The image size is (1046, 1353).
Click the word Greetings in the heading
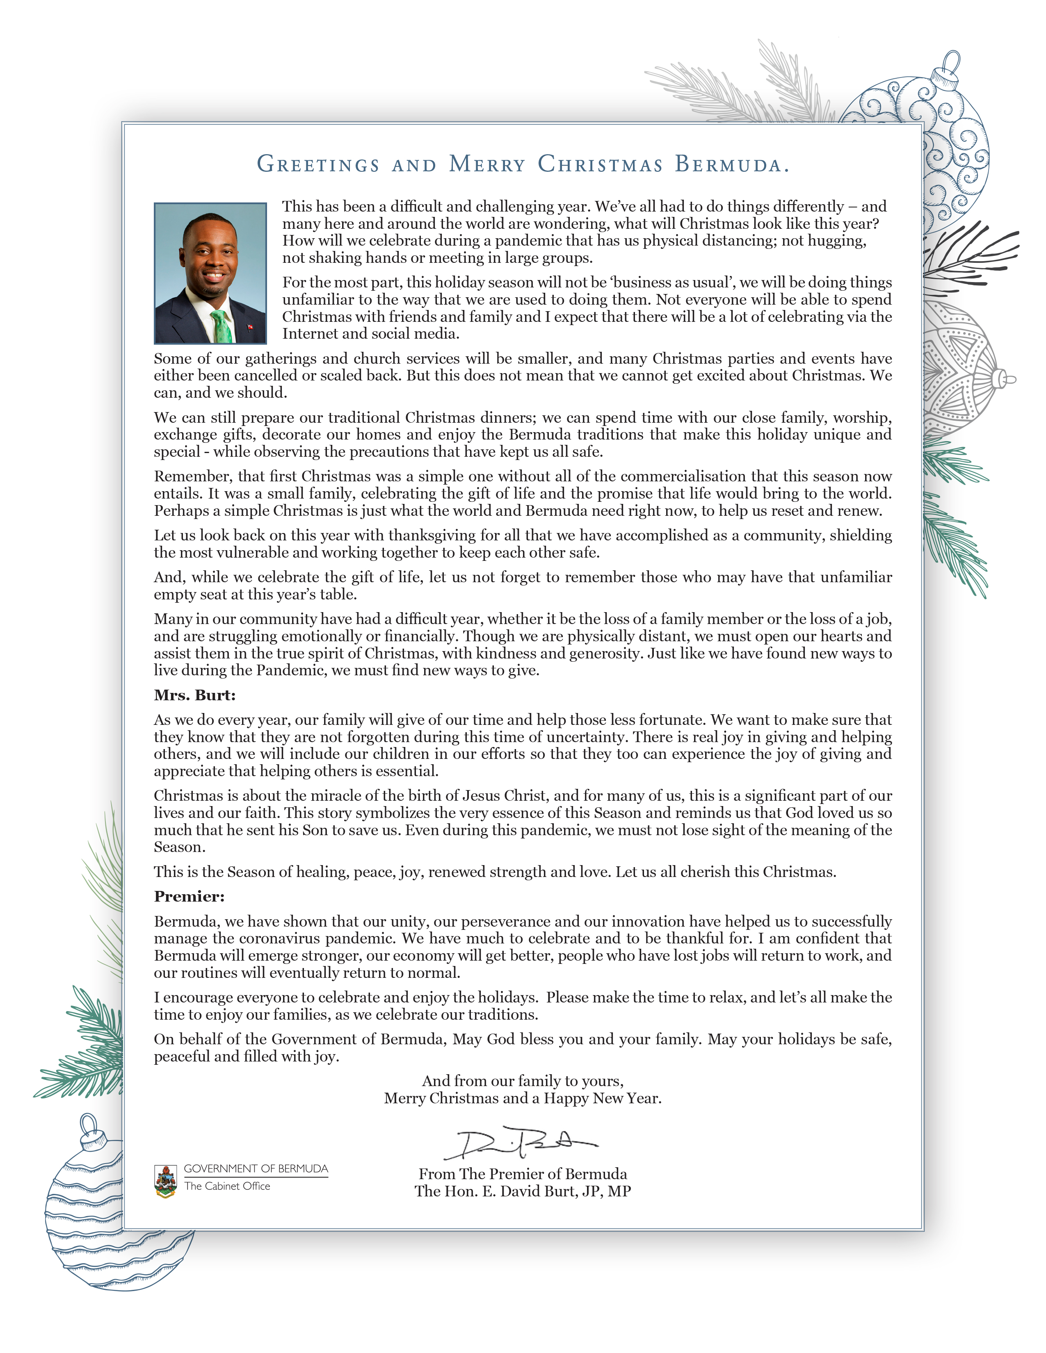318,164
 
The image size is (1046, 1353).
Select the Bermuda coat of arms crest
165,1180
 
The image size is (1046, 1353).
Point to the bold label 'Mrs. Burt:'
194,695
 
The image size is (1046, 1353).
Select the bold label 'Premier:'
189,896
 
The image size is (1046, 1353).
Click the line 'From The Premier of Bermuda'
522,1174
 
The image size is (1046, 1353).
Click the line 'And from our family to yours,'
522,1081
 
